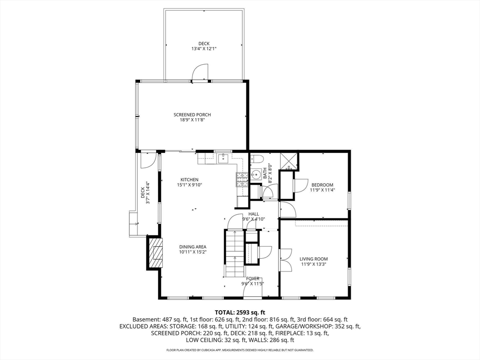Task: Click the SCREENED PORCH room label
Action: [192, 115]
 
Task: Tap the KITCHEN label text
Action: [189, 180]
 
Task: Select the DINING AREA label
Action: [193, 247]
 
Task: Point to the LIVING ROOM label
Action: [314, 259]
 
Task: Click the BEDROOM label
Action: [322, 185]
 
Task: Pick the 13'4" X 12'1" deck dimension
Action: [204, 49]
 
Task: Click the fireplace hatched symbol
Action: [156, 253]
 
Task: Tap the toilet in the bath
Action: [256, 159]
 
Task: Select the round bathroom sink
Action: [255, 174]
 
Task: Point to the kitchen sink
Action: [224, 158]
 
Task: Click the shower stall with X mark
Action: [289, 161]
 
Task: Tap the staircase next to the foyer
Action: [235, 253]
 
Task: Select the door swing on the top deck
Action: [200, 72]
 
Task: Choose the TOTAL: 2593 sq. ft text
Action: [240, 313]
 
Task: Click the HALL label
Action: [254, 214]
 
